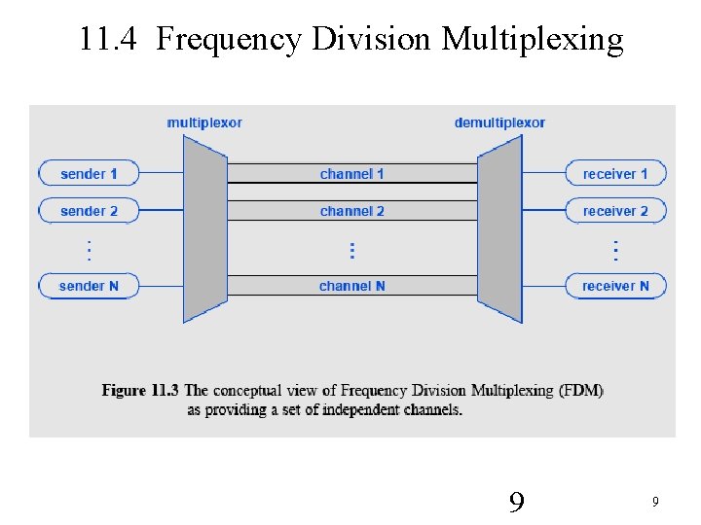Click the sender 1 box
(x=89, y=174)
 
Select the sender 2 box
(x=89, y=211)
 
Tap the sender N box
(x=89, y=286)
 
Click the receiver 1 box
(x=615, y=174)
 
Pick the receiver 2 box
(x=615, y=211)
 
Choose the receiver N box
(x=615, y=286)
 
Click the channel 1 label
(x=351, y=174)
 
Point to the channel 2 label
(x=351, y=211)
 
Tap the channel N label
(x=351, y=286)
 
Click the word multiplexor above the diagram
(x=204, y=122)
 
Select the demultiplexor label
(x=499, y=122)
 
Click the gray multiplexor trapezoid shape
(x=204, y=229)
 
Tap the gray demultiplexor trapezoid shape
(x=499, y=229)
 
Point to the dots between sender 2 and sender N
(x=89, y=250)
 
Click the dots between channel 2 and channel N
(x=351, y=250)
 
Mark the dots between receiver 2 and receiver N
(x=615, y=250)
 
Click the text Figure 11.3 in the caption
(x=140, y=391)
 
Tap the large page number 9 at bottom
(x=517, y=503)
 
